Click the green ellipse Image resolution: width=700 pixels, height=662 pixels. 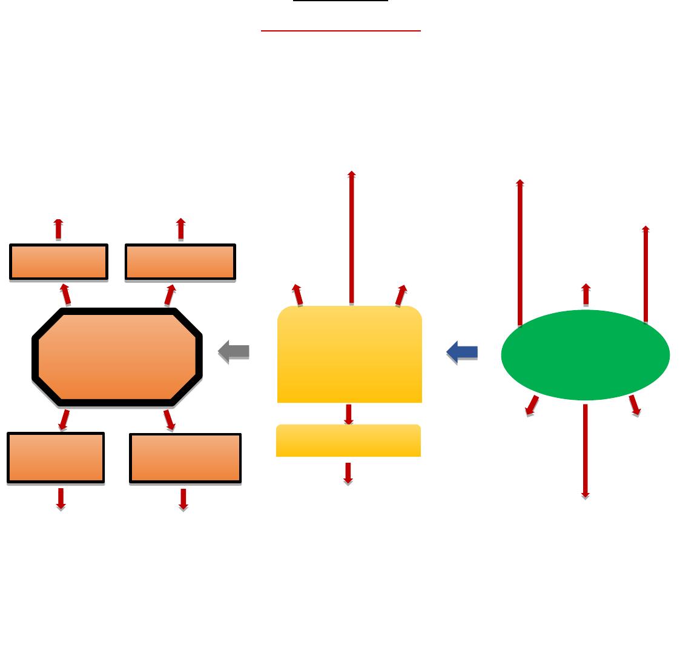point(585,355)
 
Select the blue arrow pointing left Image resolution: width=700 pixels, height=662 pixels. point(463,351)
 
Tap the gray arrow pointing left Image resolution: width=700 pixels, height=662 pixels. point(234,351)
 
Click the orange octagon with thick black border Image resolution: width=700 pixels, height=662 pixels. point(117,357)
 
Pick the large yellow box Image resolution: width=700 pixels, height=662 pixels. point(349,354)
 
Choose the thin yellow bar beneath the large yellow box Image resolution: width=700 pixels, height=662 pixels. point(348,440)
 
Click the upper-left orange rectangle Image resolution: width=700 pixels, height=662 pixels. point(59,262)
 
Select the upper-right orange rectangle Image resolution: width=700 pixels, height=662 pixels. point(180,262)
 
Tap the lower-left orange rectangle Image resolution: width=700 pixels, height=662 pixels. point(56,457)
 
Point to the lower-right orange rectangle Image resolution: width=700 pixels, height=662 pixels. point(185,458)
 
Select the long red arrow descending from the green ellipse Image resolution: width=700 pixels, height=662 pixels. point(586,451)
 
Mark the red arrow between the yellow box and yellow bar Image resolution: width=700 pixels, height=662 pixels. point(349,414)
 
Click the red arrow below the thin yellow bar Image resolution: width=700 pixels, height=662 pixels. point(348,473)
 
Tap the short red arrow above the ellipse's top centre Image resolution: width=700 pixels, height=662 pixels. point(586,294)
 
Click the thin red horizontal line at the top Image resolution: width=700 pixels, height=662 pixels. point(340,30)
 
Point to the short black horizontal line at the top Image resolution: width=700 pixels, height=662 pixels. point(340,1)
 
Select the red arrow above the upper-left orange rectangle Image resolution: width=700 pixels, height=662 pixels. point(58,230)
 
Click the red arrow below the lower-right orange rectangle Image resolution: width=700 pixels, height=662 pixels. point(183,499)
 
